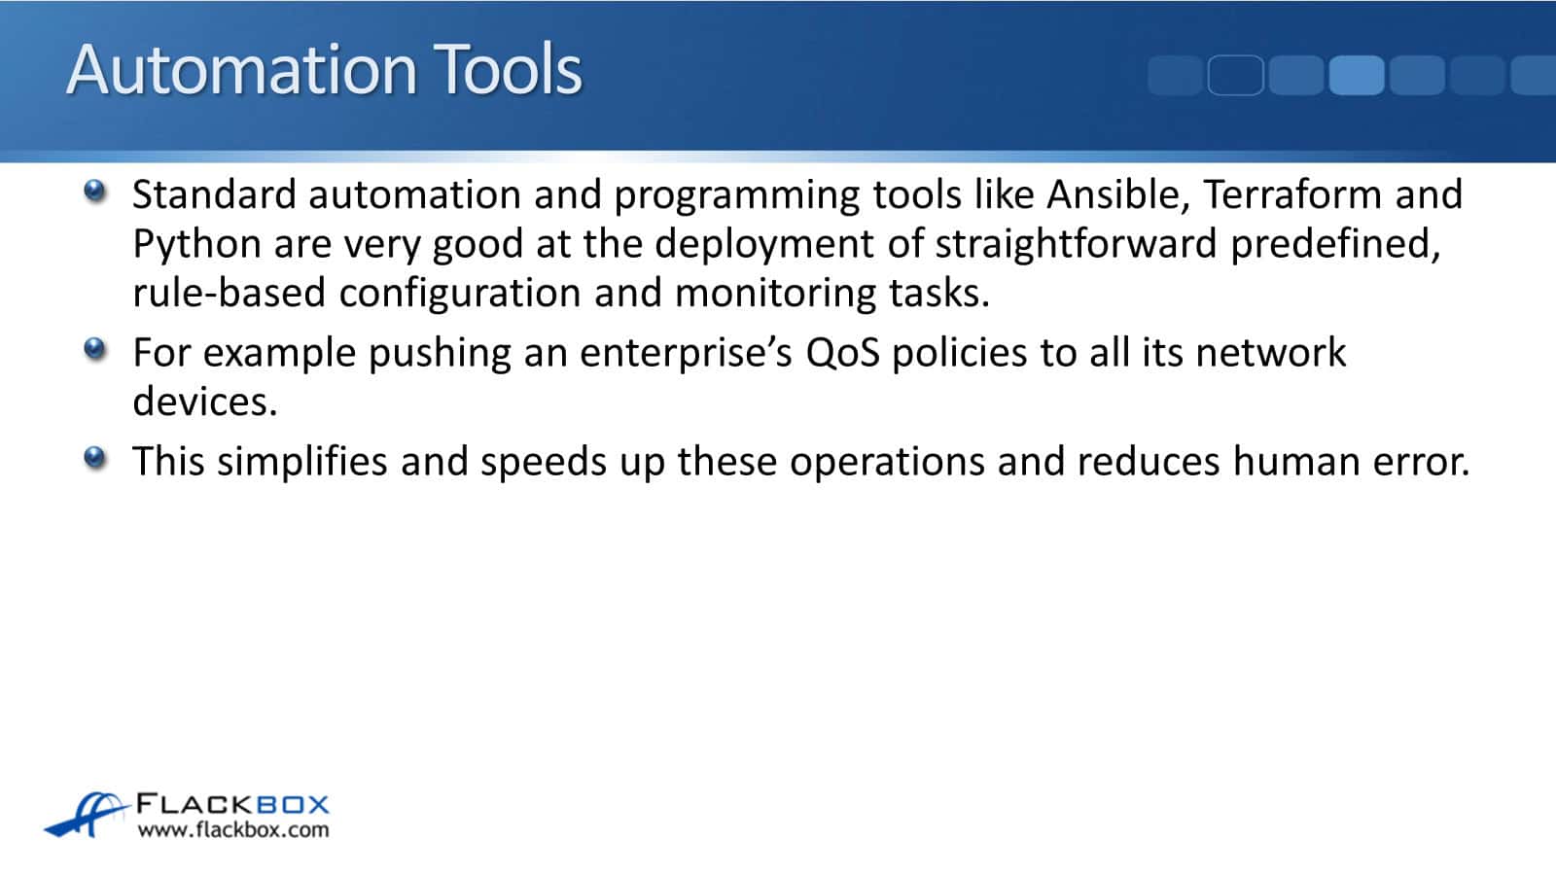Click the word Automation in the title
tap(242, 69)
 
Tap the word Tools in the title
tap(509, 69)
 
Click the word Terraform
tap(1292, 193)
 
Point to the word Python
tap(196, 244)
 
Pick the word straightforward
tap(1076, 244)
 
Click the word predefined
tap(1335, 244)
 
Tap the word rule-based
tap(230, 293)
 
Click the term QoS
tap(842, 352)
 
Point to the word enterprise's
tap(686, 354)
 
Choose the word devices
tap(205, 402)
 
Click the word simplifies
tap(302, 461)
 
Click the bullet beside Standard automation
tap(94, 191)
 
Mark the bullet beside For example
tap(94, 349)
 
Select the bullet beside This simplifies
tap(94, 458)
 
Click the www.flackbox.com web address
tap(232, 830)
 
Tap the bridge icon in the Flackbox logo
tap(87, 814)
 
